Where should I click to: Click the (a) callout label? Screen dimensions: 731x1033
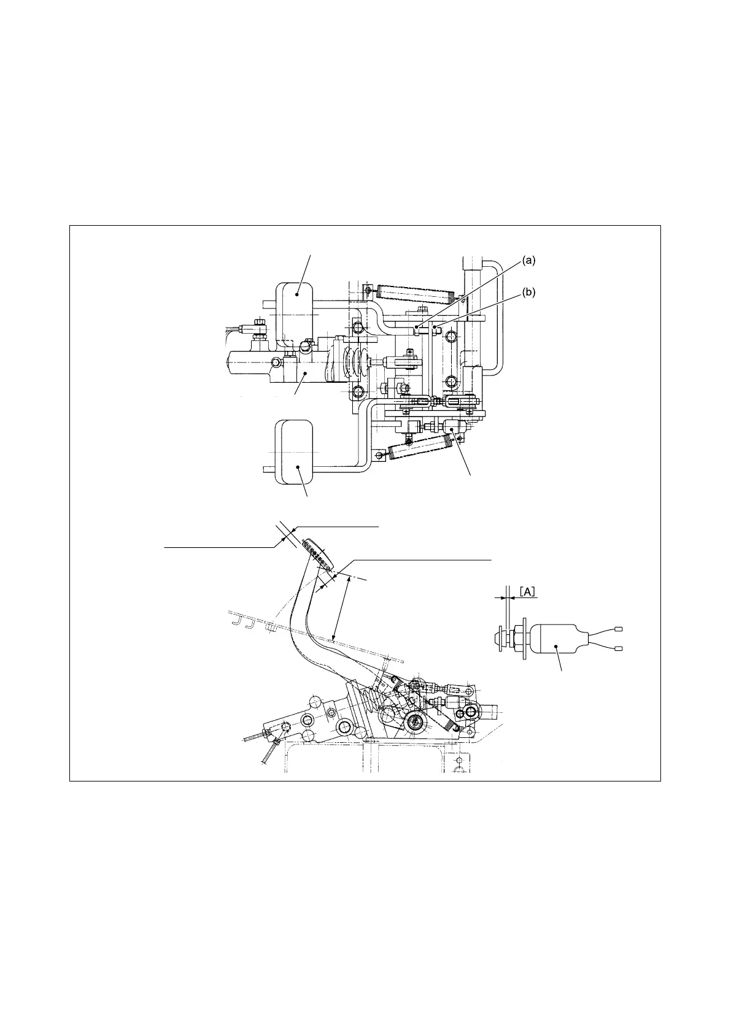(x=529, y=260)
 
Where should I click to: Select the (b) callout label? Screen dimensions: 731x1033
(x=529, y=293)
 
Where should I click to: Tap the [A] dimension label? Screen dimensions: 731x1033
(x=528, y=592)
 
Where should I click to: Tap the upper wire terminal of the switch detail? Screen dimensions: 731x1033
(x=618, y=629)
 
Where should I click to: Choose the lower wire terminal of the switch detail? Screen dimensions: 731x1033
(x=618, y=649)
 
